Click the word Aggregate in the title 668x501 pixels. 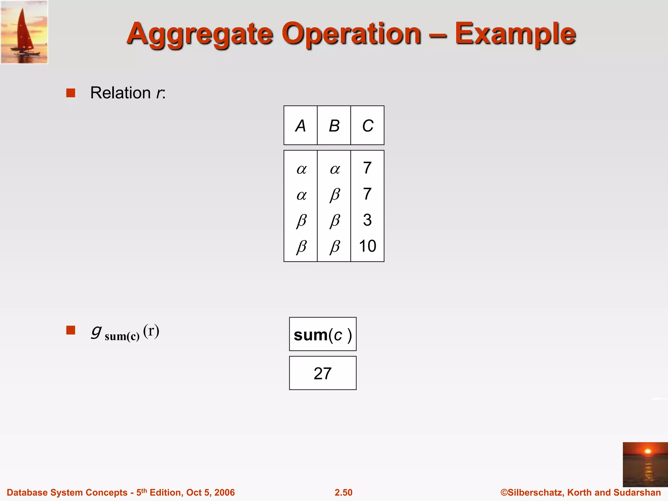tap(200, 34)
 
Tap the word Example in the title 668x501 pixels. tap(515, 34)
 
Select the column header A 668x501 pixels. tap(300, 126)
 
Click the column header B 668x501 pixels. tap(334, 126)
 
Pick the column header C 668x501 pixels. tap(368, 126)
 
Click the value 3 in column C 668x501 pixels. tap(367, 220)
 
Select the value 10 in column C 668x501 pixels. tap(367, 246)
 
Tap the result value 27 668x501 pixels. tap(323, 373)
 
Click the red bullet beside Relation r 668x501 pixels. tap(71, 93)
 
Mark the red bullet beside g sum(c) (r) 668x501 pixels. tap(71, 330)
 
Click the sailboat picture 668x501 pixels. tap(24, 32)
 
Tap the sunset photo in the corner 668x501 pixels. tap(645, 464)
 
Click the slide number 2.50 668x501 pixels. tap(343, 493)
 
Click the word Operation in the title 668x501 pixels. tap(351, 34)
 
